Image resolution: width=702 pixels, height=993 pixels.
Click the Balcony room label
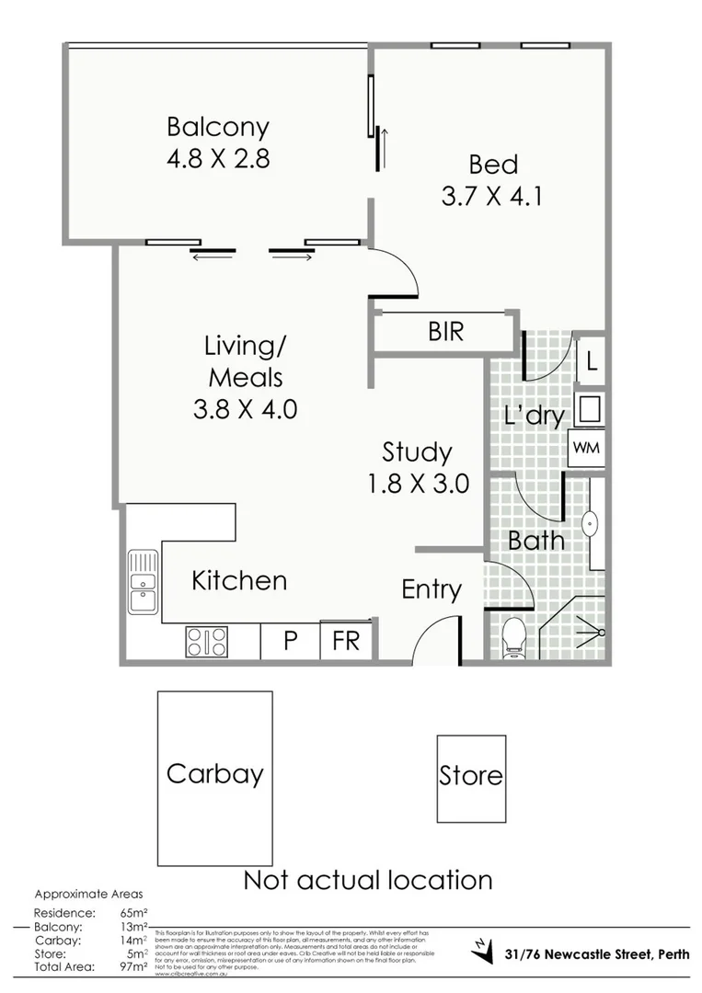(x=217, y=127)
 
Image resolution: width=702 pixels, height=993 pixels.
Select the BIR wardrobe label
(x=446, y=332)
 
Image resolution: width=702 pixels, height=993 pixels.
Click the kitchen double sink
(x=143, y=581)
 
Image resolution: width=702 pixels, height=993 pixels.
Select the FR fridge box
(x=346, y=640)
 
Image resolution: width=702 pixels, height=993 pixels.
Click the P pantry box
(x=290, y=640)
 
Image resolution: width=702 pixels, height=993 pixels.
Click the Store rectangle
(x=470, y=778)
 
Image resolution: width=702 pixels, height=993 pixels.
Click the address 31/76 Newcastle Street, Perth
(x=596, y=953)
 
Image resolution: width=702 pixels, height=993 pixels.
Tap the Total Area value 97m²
(x=133, y=968)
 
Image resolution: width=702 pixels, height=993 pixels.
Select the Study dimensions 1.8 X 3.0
(x=418, y=483)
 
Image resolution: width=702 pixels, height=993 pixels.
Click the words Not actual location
(x=367, y=880)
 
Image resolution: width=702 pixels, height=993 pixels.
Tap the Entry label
(x=431, y=589)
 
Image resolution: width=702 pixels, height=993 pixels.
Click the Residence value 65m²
(x=133, y=912)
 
